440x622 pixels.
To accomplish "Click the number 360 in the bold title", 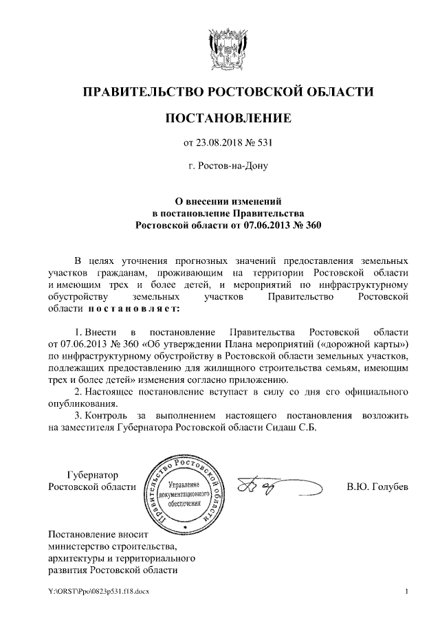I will tap(313, 225).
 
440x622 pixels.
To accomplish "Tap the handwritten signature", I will tap(278, 487).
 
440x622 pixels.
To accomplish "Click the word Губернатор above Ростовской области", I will tap(92, 475).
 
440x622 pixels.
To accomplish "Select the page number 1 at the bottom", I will tap(407, 592).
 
